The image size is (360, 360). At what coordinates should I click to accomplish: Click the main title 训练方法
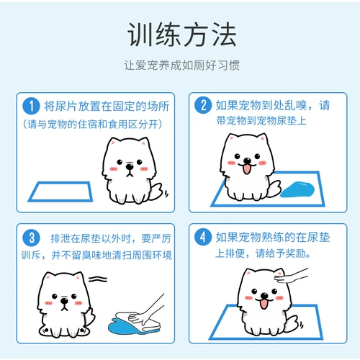(x=182, y=35)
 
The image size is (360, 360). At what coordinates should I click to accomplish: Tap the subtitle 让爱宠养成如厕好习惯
(x=181, y=66)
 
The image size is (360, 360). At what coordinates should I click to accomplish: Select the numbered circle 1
(x=31, y=106)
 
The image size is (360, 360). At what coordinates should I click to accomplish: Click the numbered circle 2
(x=203, y=105)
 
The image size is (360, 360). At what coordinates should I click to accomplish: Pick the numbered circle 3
(x=31, y=238)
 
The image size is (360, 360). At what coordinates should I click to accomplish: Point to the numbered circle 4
(x=203, y=237)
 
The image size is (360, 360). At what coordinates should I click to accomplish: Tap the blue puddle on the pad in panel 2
(x=297, y=189)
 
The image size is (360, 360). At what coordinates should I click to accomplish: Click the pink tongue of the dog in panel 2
(x=247, y=169)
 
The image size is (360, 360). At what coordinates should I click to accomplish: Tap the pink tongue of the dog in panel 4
(x=264, y=304)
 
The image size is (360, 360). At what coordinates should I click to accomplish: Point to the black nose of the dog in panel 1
(x=130, y=166)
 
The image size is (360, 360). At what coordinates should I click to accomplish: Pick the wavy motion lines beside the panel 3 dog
(x=98, y=279)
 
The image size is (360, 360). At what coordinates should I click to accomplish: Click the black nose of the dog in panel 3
(x=64, y=301)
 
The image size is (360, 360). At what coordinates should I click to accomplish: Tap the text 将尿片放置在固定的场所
(x=107, y=106)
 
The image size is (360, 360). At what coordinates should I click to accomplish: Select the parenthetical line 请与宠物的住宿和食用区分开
(x=92, y=125)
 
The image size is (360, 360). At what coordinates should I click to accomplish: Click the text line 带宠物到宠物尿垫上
(x=261, y=120)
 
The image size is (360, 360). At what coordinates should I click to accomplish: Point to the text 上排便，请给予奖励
(x=263, y=253)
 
